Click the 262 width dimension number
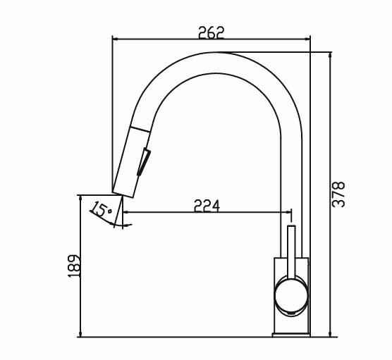pyautogui.click(x=212, y=32)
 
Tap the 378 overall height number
pyautogui.click(x=338, y=194)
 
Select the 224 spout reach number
pyautogui.click(x=207, y=206)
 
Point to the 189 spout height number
pyautogui.click(x=74, y=266)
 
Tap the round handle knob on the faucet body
pyautogui.click(x=291, y=297)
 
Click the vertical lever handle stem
pyautogui.click(x=291, y=252)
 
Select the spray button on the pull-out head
pyautogui.click(x=144, y=162)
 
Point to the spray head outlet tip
pyautogui.click(x=123, y=194)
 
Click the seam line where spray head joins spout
pyautogui.click(x=140, y=130)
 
